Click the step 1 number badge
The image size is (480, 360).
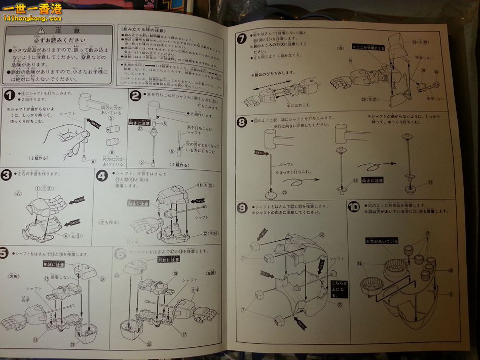pyautogui.click(x=9, y=95)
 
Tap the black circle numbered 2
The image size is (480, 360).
pyautogui.click(x=134, y=95)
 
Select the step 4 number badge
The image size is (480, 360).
pyautogui.click(x=102, y=176)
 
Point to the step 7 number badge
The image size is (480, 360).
pyautogui.click(x=242, y=38)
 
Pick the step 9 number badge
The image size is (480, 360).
pyautogui.click(x=242, y=208)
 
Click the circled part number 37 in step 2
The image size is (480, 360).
pyautogui.click(x=140, y=129)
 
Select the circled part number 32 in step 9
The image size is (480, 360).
pyautogui.click(x=321, y=235)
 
